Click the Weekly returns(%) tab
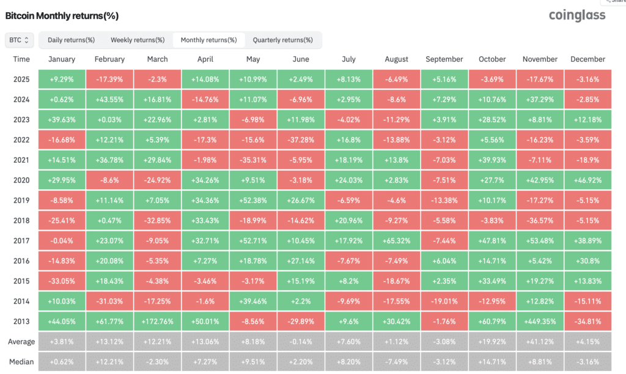pyautogui.click(x=138, y=40)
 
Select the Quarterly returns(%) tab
pyautogui.click(x=282, y=40)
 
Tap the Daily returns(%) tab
pyautogui.click(x=71, y=40)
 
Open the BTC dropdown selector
pyautogui.click(x=19, y=40)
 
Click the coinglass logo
pyautogui.click(x=577, y=15)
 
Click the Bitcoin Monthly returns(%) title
pyautogui.click(x=62, y=16)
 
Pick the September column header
pyautogui.click(x=444, y=59)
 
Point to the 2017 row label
pyautogui.click(x=21, y=241)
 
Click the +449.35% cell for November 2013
pyautogui.click(x=540, y=321)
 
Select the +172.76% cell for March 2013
pyautogui.click(x=157, y=321)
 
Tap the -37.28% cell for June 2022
pyautogui.click(x=301, y=140)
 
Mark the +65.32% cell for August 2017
pyautogui.click(x=396, y=241)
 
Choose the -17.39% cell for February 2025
pyautogui.click(x=109, y=79)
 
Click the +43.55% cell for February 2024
pyautogui.click(x=109, y=100)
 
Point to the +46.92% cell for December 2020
pyautogui.click(x=587, y=180)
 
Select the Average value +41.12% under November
pyautogui.click(x=540, y=342)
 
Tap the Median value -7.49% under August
pyautogui.click(x=396, y=362)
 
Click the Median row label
pyautogui.click(x=21, y=362)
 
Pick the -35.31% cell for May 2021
pyautogui.click(x=253, y=160)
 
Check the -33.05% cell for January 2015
pyautogui.click(x=62, y=281)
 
